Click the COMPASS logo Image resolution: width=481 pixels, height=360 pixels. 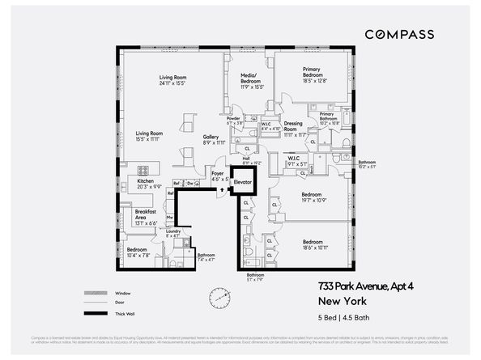pos(399,34)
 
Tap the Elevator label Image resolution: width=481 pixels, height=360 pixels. pos(243,183)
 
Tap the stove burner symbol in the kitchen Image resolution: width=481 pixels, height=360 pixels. pos(143,171)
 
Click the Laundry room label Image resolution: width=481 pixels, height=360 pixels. pos(173,234)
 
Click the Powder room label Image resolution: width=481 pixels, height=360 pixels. pos(235,121)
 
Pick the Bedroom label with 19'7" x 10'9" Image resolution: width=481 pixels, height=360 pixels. pos(313,197)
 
